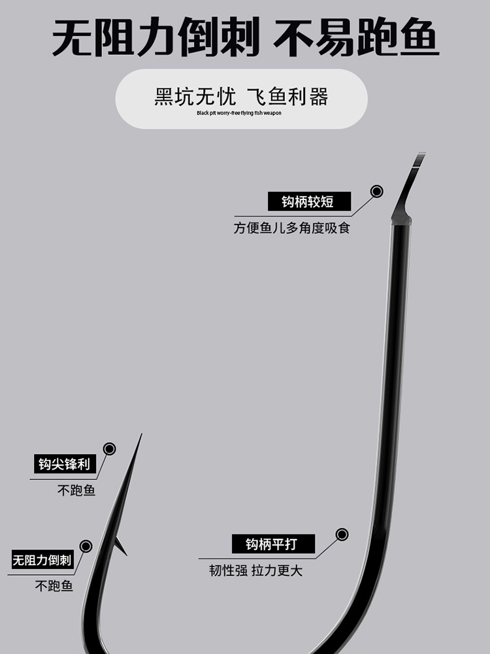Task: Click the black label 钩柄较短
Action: point(309,201)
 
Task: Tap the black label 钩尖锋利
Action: point(64,464)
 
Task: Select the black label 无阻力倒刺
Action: point(42,560)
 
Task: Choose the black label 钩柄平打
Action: point(273,543)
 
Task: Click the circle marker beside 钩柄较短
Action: point(377,192)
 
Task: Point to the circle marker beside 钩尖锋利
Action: point(109,449)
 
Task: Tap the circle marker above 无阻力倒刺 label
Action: point(86,546)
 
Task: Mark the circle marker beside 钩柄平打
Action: point(342,534)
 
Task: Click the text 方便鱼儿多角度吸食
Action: point(292,228)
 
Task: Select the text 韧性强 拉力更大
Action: point(255,570)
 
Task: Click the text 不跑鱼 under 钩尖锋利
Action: point(76,490)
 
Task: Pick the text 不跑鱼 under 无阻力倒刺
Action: point(54,586)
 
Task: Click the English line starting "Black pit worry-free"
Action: point(239,113)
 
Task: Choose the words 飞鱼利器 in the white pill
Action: point(287,97)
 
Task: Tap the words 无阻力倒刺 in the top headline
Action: point(154,38)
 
